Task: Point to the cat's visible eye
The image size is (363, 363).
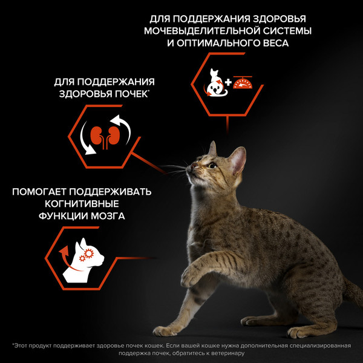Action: pos(212,165)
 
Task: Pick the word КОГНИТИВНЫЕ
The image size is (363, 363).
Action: pos(83,204)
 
